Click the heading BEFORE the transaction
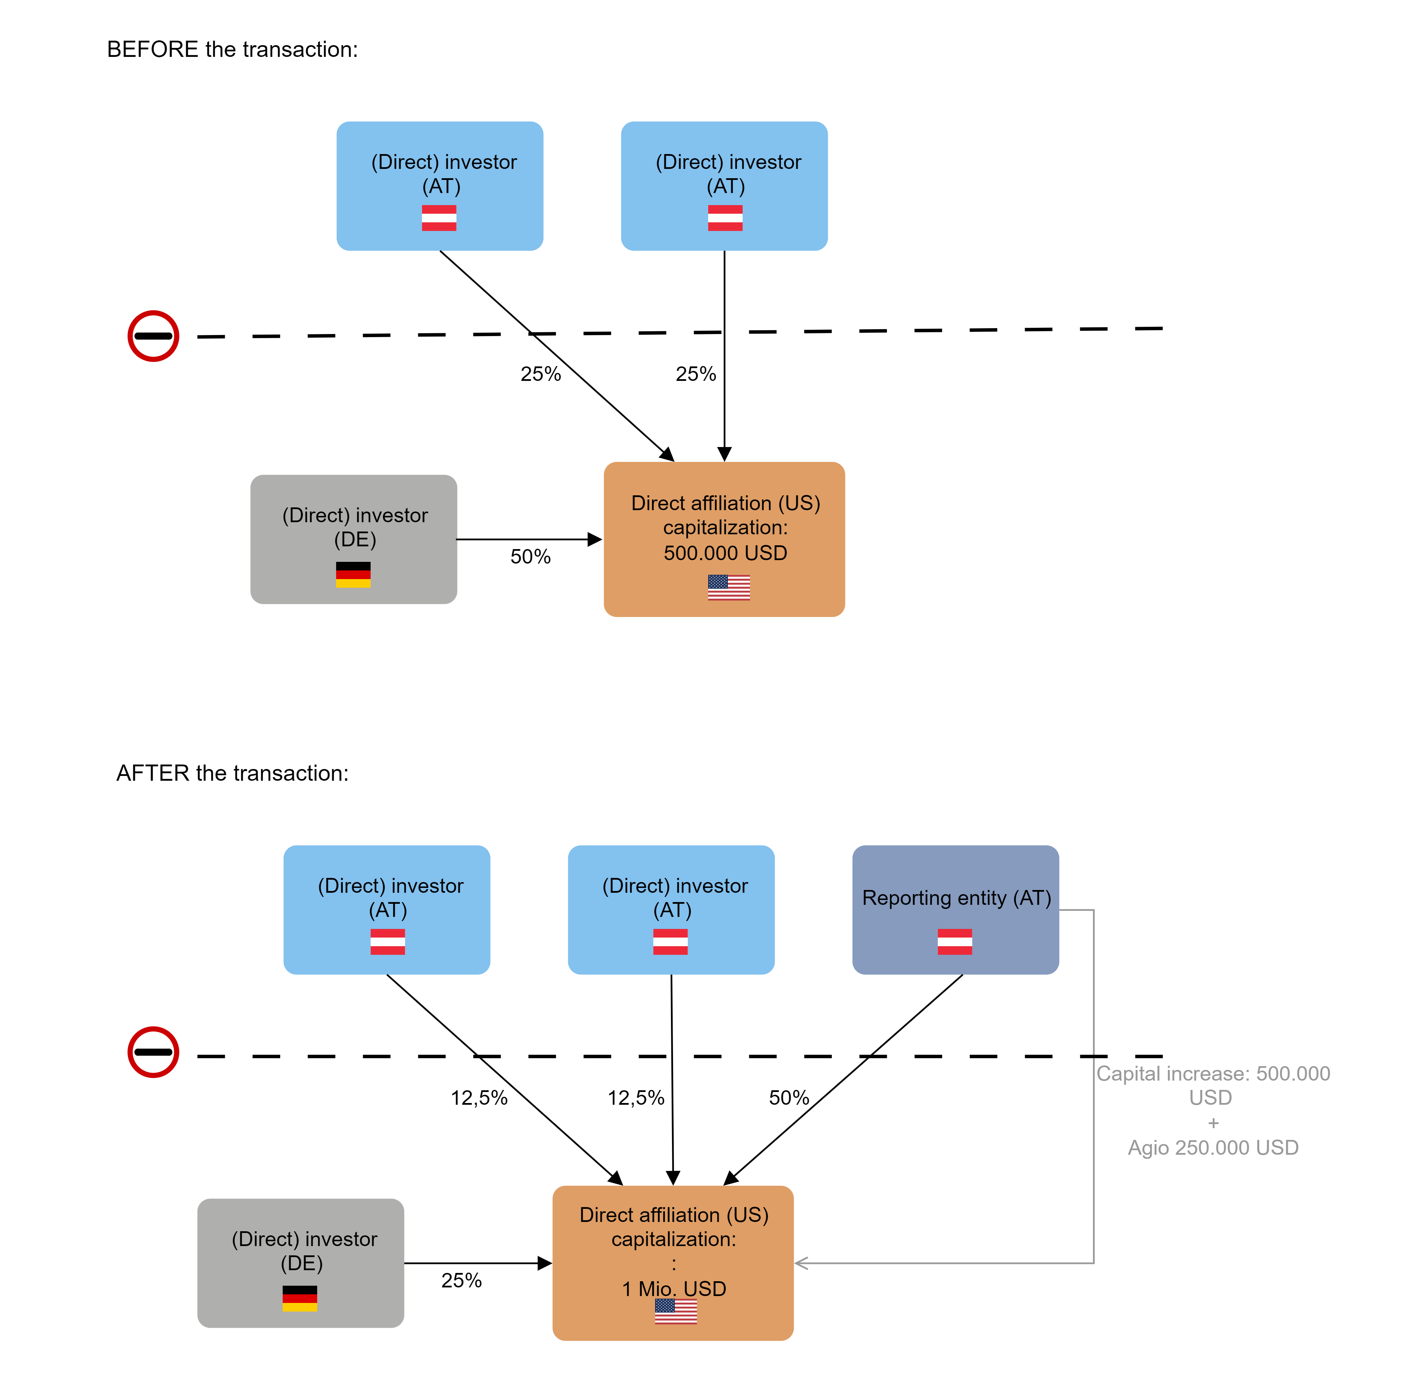tap(232, 49)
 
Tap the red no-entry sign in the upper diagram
tap(153, 336)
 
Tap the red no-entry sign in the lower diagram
tap(153, 1052)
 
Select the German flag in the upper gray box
tap(353, 574)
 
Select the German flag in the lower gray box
tap(300, 1298)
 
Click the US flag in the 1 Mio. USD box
tap(675, 1311)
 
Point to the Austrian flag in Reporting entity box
tap(955, 942)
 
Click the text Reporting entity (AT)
tap(956, 898)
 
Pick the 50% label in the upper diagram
tap(530, 557)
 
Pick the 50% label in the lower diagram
tap(789, 1098)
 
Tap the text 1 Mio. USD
tap(674, 1289)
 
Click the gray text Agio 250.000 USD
tap(1213, 1148)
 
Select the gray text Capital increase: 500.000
tap(1213, 1074)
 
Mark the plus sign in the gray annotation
tap(1213, 1123)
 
